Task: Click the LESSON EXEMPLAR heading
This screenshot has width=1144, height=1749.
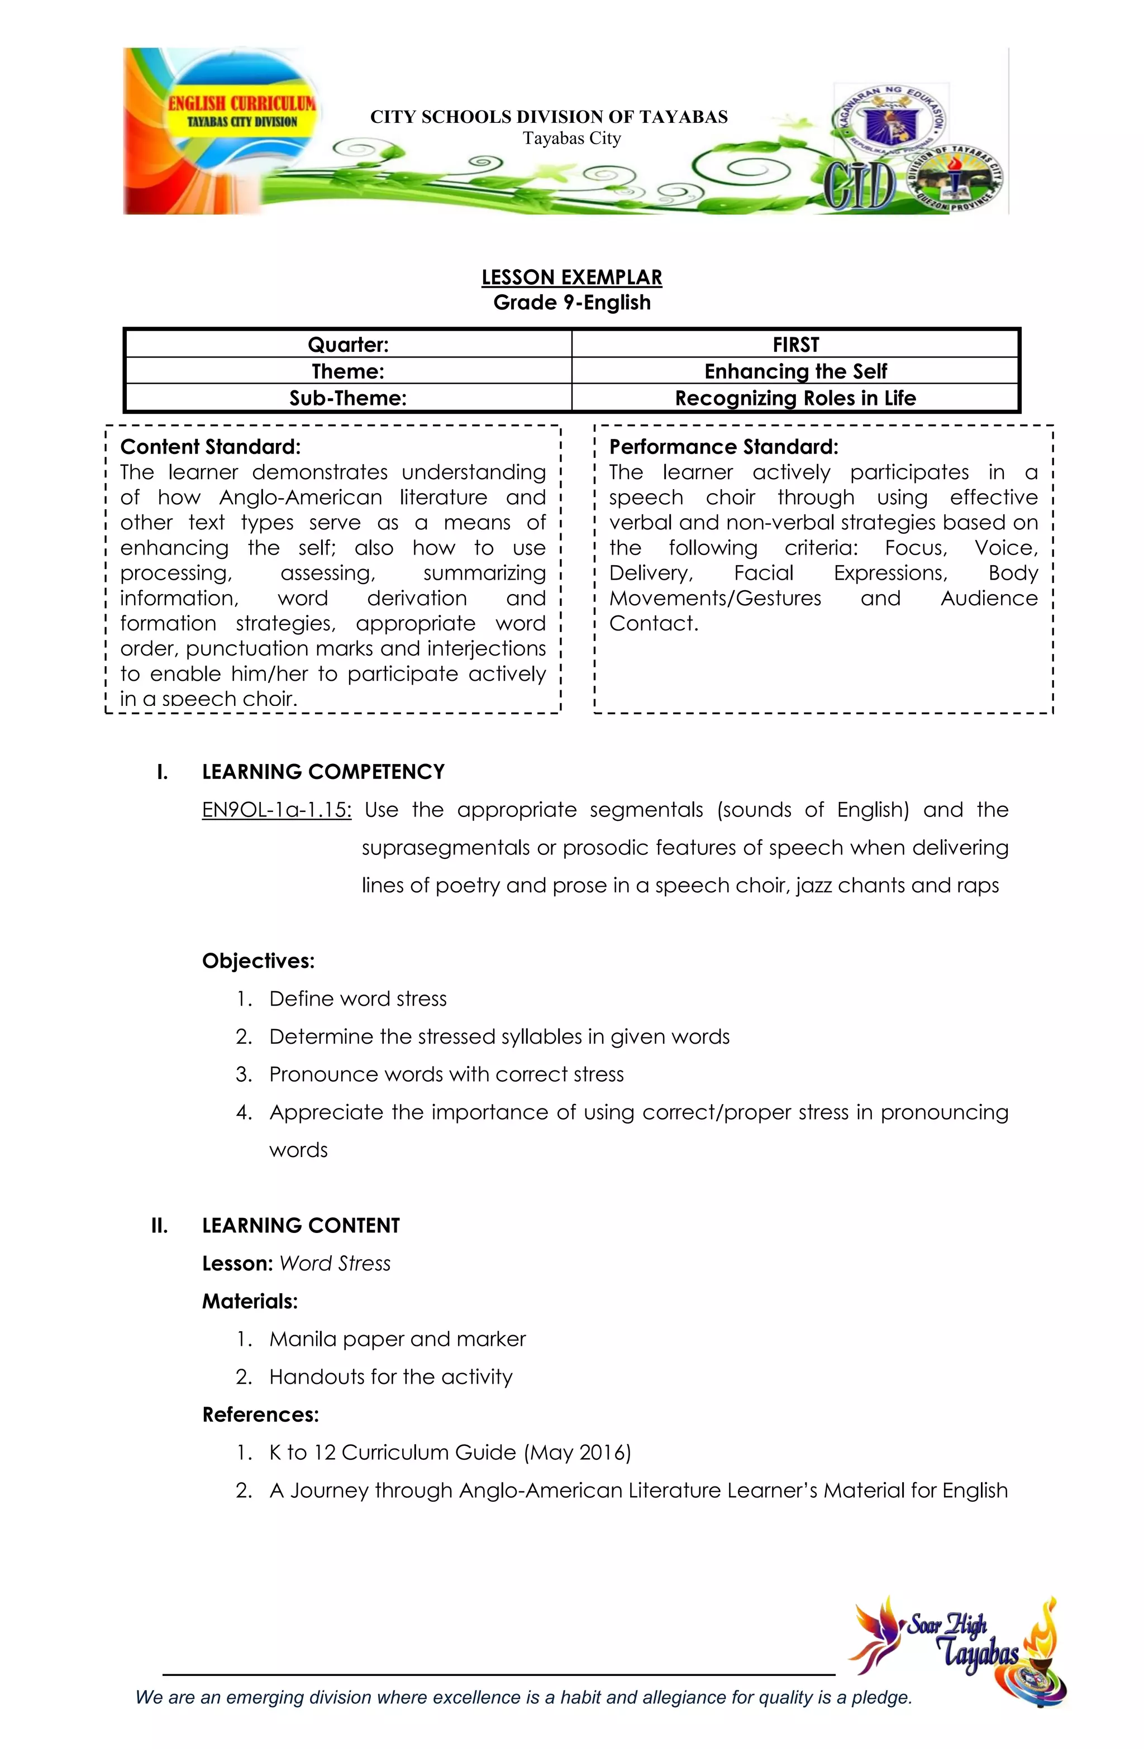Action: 571,277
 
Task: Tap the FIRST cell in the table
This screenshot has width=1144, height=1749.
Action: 795,345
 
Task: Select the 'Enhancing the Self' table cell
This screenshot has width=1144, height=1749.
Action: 795,371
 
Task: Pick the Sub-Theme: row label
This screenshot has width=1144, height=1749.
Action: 348,398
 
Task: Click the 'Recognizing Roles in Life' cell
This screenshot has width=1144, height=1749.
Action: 795,398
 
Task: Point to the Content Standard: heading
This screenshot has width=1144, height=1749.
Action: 210,447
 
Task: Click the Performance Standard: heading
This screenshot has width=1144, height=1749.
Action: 723,447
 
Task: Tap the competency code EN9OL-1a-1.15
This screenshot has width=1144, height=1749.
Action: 277,810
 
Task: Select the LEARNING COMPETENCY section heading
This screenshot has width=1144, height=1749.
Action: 323,772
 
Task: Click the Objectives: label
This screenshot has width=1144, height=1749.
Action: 258,960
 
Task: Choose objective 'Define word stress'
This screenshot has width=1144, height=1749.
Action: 357,998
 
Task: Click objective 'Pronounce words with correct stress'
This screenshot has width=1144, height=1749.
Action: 446,1074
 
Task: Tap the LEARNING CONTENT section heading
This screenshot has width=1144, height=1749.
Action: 301,1225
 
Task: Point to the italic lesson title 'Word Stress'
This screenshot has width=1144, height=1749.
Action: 335,1263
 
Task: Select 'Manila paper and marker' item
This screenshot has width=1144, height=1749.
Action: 397,1339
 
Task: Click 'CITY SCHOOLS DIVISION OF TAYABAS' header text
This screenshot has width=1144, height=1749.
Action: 549,117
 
